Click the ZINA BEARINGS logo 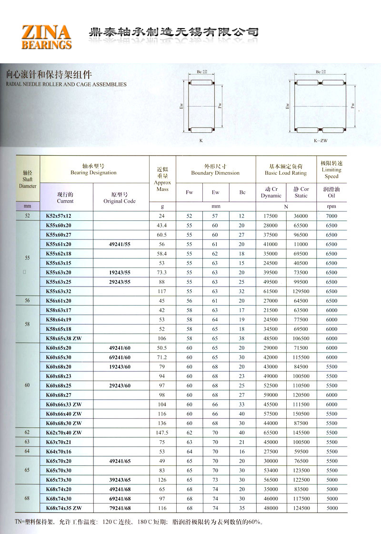(46, 37)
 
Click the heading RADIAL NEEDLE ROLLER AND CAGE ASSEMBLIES (66, 84)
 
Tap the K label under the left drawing (201, 141)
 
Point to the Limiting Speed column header (331, 170)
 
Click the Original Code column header (120, 198)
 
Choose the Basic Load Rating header (286, 170)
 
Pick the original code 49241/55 (120, 244)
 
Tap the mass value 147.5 (162, 433)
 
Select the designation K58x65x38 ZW (64, 338)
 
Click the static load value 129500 (301, 291)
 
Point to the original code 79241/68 (120, 508)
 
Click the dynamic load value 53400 (271, 470)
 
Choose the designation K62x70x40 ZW (64, 433)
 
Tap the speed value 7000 (331, 216)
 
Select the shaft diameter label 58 (28, 324)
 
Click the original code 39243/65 (120, 480)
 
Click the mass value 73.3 (162, 273)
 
